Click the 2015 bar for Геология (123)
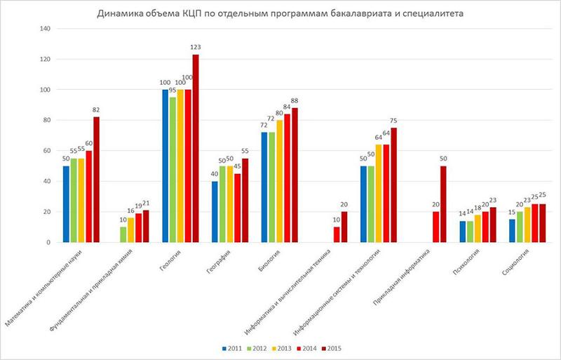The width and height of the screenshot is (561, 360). pos(196,148)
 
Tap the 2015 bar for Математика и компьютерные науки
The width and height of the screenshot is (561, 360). pos(97,179)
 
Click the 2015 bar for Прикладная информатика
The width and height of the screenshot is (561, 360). pos(443,204)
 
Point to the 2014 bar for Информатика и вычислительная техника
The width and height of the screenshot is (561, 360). pos(337,234)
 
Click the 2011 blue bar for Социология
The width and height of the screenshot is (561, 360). pos(513,231)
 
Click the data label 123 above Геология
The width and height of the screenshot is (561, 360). pos(196,47)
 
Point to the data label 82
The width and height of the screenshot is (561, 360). pos(97,109)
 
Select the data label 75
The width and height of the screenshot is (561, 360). pos(394,120)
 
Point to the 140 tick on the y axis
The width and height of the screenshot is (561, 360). pos(46,29)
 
